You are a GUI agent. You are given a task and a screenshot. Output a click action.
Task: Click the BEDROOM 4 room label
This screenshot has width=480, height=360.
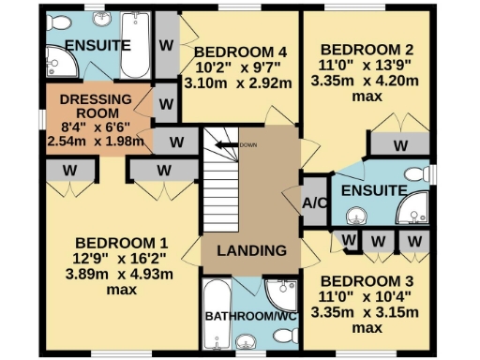(x=239, y=51)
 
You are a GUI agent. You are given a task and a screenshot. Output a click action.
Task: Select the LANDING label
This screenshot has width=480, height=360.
(x=251, y=250)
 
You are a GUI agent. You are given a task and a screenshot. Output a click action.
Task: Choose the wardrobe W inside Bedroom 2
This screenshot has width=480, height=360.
(x=399, y=144)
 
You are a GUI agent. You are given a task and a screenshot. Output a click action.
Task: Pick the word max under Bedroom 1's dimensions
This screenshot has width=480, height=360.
(x=122, y=290)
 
